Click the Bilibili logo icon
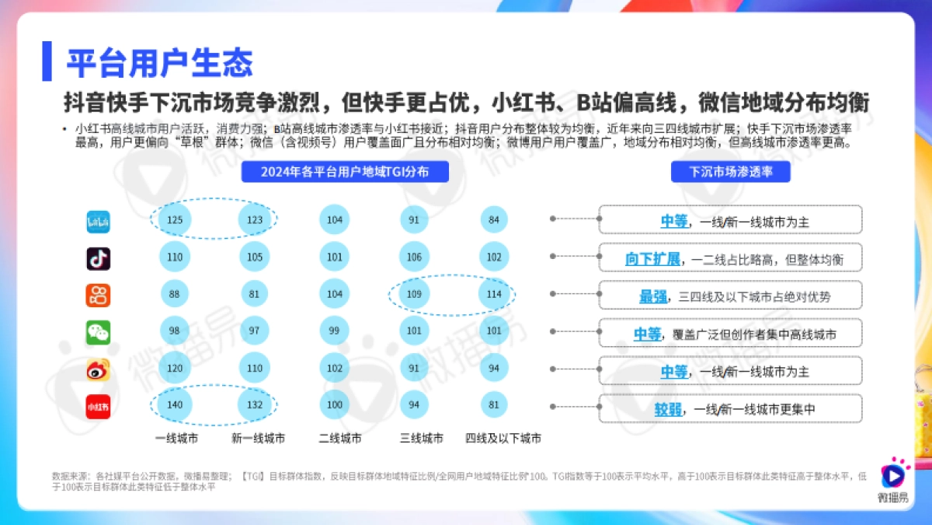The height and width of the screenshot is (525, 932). tap(98, 222)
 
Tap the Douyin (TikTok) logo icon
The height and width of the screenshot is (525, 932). tap(98, 258)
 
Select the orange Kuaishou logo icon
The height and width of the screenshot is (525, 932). tap(98, 296)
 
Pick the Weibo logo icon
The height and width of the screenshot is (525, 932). tap(98, 369)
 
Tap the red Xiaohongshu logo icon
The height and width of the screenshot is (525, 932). tap(98, 406)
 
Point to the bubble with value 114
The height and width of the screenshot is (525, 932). tap(494, 295)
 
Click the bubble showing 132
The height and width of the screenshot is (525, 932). tap(255, 405)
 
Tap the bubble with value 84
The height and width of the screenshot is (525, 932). tap(494, 221)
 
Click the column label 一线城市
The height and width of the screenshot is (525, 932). tap(176, 439)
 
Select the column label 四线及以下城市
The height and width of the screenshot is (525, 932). tap(503, 439)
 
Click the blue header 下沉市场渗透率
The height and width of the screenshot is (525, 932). tap(730, 171)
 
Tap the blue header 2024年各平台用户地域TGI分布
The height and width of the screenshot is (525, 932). tap(345, 171)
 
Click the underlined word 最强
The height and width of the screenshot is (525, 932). tap(652, 296)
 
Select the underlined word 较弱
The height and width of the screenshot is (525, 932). tap(667, 409)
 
